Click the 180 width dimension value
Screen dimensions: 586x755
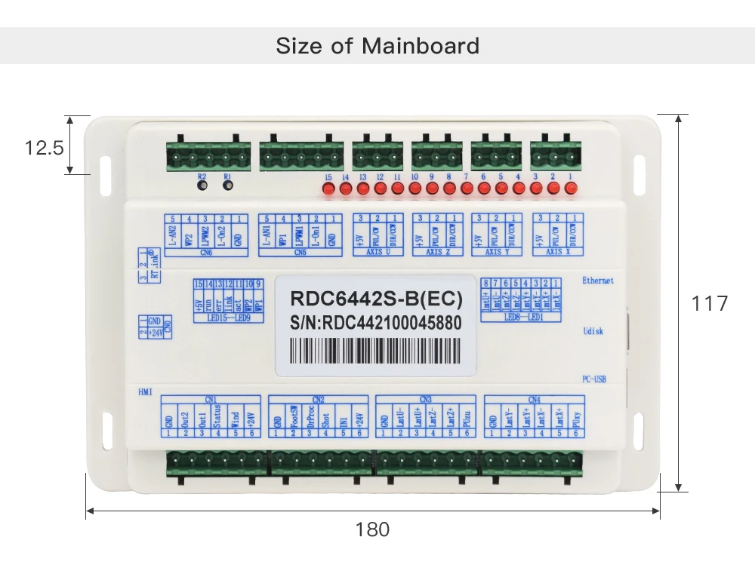click(x=372, y=529)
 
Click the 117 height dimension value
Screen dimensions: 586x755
click(x=710, y=303)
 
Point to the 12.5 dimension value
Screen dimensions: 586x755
click(x=45, y=147)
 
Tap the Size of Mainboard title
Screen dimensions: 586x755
click(x=377, y=45)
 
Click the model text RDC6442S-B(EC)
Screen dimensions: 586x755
click(x=376, y=298)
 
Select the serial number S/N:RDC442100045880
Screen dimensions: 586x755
click(x=375, y=323)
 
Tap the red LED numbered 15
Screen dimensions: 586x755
click(x=328, y=191)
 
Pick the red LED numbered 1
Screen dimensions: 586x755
click(x=570, y=191)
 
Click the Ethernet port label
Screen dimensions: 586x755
click(x=598, y=281)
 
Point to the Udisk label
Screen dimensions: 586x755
click(x=593, y=331)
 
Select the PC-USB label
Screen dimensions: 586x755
click(x=595, y=379)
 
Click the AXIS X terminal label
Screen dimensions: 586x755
click(x=558, y=251)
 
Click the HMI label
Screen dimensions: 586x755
click(x=145, y=392)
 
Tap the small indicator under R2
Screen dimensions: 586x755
click(x=202, y=186)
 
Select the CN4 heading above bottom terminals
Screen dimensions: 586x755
click(x=534, y=398)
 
